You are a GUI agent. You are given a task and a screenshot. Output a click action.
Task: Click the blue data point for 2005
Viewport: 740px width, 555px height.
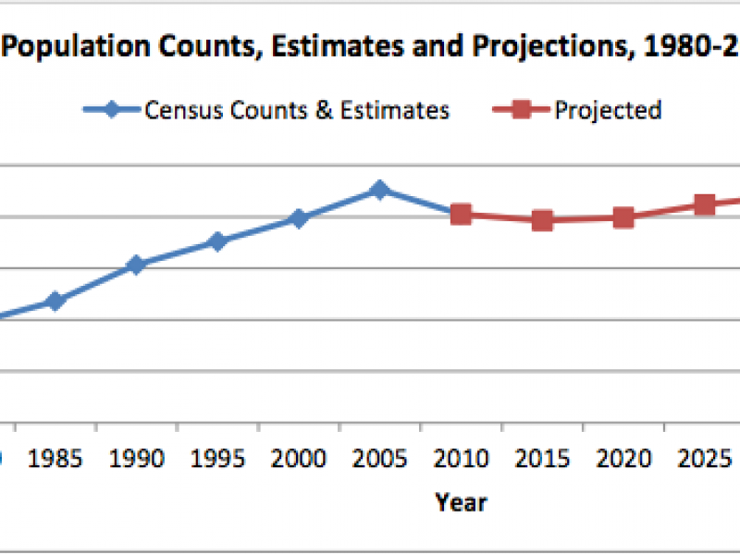tap(378, 190)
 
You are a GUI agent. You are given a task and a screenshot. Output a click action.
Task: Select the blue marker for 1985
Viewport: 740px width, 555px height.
tap(55, 301)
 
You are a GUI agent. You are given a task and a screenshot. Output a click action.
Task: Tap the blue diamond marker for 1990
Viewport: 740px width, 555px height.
tap(136, 265)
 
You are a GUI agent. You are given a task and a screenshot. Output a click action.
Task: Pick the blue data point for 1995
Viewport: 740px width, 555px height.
tap(217, 241)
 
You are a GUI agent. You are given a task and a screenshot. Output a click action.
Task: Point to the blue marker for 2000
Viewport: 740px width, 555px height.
tap(298, 218)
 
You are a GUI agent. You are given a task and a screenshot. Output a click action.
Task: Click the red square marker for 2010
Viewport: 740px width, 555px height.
tap(461, 215)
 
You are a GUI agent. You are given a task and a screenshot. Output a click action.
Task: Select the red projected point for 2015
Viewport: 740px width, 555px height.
tap(542, 220)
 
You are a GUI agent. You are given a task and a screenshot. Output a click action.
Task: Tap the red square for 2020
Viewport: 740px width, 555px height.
tap(623, 217)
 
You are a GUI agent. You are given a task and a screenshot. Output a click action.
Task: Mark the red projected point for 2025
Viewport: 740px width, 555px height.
tap(705, 204)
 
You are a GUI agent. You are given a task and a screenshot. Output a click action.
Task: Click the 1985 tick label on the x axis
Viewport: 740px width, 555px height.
tap(55, 460)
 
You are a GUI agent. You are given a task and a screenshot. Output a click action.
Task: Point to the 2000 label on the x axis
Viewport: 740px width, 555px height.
tap(299, 460)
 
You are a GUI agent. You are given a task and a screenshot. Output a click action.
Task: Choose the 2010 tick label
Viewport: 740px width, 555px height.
tap(461, 460)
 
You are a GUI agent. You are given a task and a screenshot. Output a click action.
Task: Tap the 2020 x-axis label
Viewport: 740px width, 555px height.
tap(623, 460)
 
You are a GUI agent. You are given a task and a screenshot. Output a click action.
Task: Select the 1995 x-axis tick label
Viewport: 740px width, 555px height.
tap(217, 460)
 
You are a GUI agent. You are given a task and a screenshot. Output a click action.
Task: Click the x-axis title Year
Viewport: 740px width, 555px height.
tap(461, 502)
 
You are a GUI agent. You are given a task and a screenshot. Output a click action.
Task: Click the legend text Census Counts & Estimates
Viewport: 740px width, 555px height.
tap(297, 111)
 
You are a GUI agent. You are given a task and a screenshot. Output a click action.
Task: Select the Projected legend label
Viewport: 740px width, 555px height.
tap(608, 111)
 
